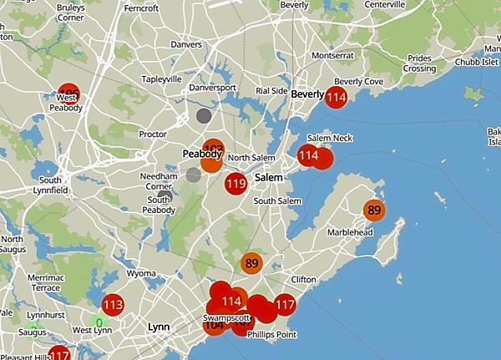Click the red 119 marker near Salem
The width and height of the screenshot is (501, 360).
(235, 184)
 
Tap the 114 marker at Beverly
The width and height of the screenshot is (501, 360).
(337, 98)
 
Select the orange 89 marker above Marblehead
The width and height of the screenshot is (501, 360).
(374, 210)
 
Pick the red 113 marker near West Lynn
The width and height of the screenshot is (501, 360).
(113, 305)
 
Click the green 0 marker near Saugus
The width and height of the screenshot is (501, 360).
(99, 322)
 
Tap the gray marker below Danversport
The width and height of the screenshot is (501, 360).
(203, 115)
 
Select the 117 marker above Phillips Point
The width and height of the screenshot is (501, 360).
(286, 305)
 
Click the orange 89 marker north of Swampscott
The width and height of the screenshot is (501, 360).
(251, 264)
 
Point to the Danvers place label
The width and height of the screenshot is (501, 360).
(185, 44)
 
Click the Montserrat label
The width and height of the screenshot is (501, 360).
(326, 55)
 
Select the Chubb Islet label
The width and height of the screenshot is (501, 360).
(476, 62)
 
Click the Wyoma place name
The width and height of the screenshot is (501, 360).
(140, 273)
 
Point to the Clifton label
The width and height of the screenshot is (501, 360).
(303, 279)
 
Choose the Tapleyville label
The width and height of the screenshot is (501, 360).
(161, 79)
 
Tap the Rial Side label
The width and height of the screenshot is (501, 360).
(271, 91)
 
